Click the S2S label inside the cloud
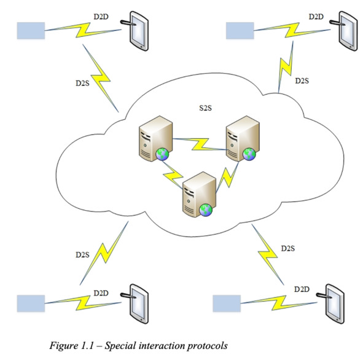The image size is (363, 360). coord(205,108)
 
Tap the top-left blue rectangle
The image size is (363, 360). coord(31,31)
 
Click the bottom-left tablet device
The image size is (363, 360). coord(135,303)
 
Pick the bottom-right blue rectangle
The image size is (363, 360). coord(227,303)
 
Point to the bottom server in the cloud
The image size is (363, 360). coord(199,195)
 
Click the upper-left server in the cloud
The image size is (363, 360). coord(155,138)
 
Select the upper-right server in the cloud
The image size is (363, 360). coord(243,138)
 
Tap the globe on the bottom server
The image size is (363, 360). coord(206,210)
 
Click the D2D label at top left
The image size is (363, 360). coord(101,17)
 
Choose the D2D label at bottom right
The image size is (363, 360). coord(302,289)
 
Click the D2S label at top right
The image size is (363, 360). coord(302,81)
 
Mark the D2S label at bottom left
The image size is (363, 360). coord(82,255)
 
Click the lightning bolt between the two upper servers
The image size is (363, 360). coord(200,144)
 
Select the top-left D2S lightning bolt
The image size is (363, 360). coord(101,78)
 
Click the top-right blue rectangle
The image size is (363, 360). coord(240,31)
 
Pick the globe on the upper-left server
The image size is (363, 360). coord(162,154)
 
